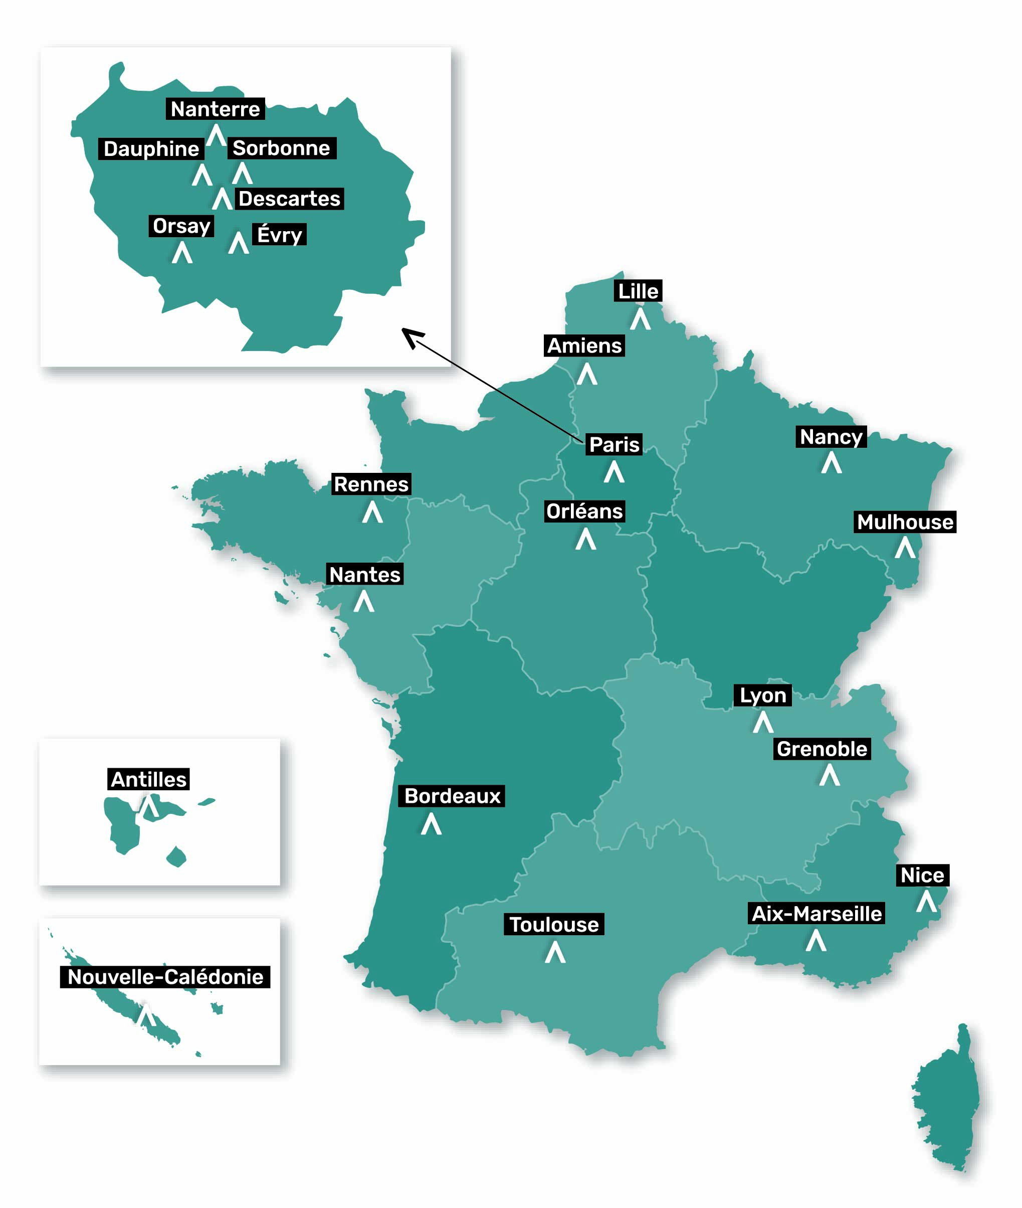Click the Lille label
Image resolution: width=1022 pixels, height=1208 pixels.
click(638, 291)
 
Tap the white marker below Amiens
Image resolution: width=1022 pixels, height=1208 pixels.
click(586, 375)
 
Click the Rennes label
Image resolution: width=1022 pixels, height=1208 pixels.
click(371, 484)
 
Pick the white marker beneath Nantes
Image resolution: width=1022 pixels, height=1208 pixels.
click(364, 602)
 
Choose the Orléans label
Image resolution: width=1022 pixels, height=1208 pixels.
click(584, 511)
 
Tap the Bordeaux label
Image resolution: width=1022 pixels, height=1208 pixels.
click(452, 796)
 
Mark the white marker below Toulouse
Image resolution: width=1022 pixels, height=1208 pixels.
click(555, 952)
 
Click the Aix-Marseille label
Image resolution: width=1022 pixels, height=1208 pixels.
click(816, 914)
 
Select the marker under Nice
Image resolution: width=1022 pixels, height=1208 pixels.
click(926, 902)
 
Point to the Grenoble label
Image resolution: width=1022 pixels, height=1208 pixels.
click(822, 749)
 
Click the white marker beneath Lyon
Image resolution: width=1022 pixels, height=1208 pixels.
click(763, 722)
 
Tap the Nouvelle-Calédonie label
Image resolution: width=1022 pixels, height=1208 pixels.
click(165, 977)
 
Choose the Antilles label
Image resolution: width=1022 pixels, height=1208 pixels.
click(148, 779)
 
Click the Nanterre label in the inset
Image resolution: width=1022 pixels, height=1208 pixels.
click(215, 109)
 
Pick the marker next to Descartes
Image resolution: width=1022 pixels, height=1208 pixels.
click(222, 199)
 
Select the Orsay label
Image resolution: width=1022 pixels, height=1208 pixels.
click(181, 226)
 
